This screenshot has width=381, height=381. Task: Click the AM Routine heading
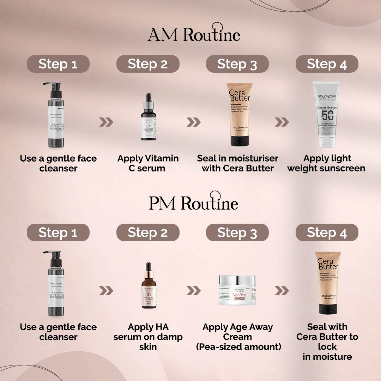tap(194, 35)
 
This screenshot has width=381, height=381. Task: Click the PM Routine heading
tap(193, 203)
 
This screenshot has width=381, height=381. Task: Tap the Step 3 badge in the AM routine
tap(237, 64)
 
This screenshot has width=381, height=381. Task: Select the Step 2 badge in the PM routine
tap(148, 232)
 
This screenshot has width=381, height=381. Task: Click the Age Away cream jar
tap(237, 290)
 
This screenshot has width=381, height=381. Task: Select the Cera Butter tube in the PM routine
tap(328, 283)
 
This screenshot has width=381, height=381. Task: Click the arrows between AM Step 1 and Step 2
tap(106, 122)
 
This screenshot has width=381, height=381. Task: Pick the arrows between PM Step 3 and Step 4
tap(282, 291)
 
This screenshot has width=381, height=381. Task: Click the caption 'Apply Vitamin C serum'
tap(148, 163)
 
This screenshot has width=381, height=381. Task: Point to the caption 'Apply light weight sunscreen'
tap(326, 163)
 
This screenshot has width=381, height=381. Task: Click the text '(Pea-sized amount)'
tap(238, 347)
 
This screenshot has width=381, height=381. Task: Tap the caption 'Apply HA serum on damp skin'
tap(148, 337)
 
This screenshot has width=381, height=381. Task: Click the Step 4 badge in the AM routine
tap(327, 64)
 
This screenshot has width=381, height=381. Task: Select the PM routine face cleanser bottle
tap(56, 284)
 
